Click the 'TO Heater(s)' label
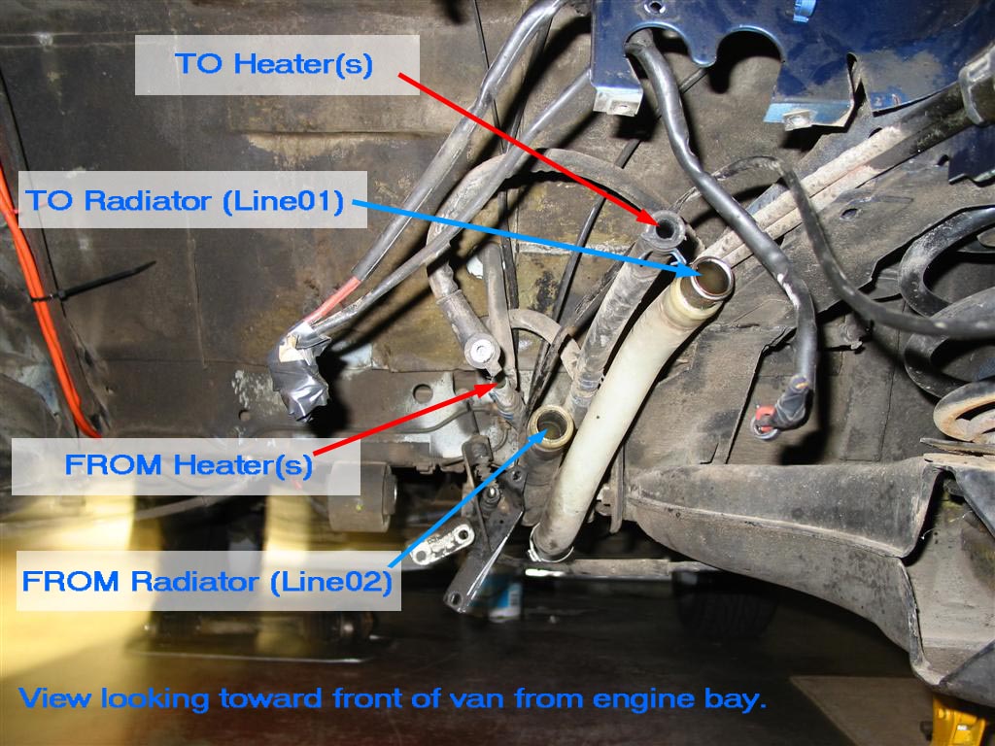point(273,64)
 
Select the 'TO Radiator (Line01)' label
point(185,200)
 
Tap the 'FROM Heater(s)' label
point(189,465)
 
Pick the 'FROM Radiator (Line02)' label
point(207,581)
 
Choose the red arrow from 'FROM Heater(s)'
point(404,420)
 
